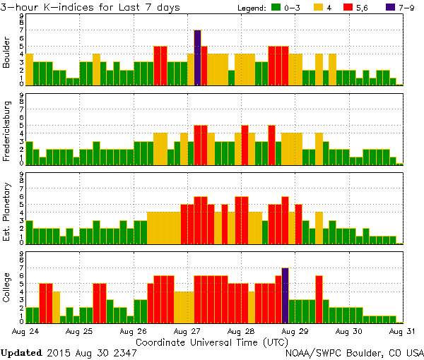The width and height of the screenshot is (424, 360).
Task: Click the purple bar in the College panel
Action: pos(285,294)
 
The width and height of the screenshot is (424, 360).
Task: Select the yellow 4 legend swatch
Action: pos(318,8)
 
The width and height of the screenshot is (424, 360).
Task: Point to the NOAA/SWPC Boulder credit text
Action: pos(354,352)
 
